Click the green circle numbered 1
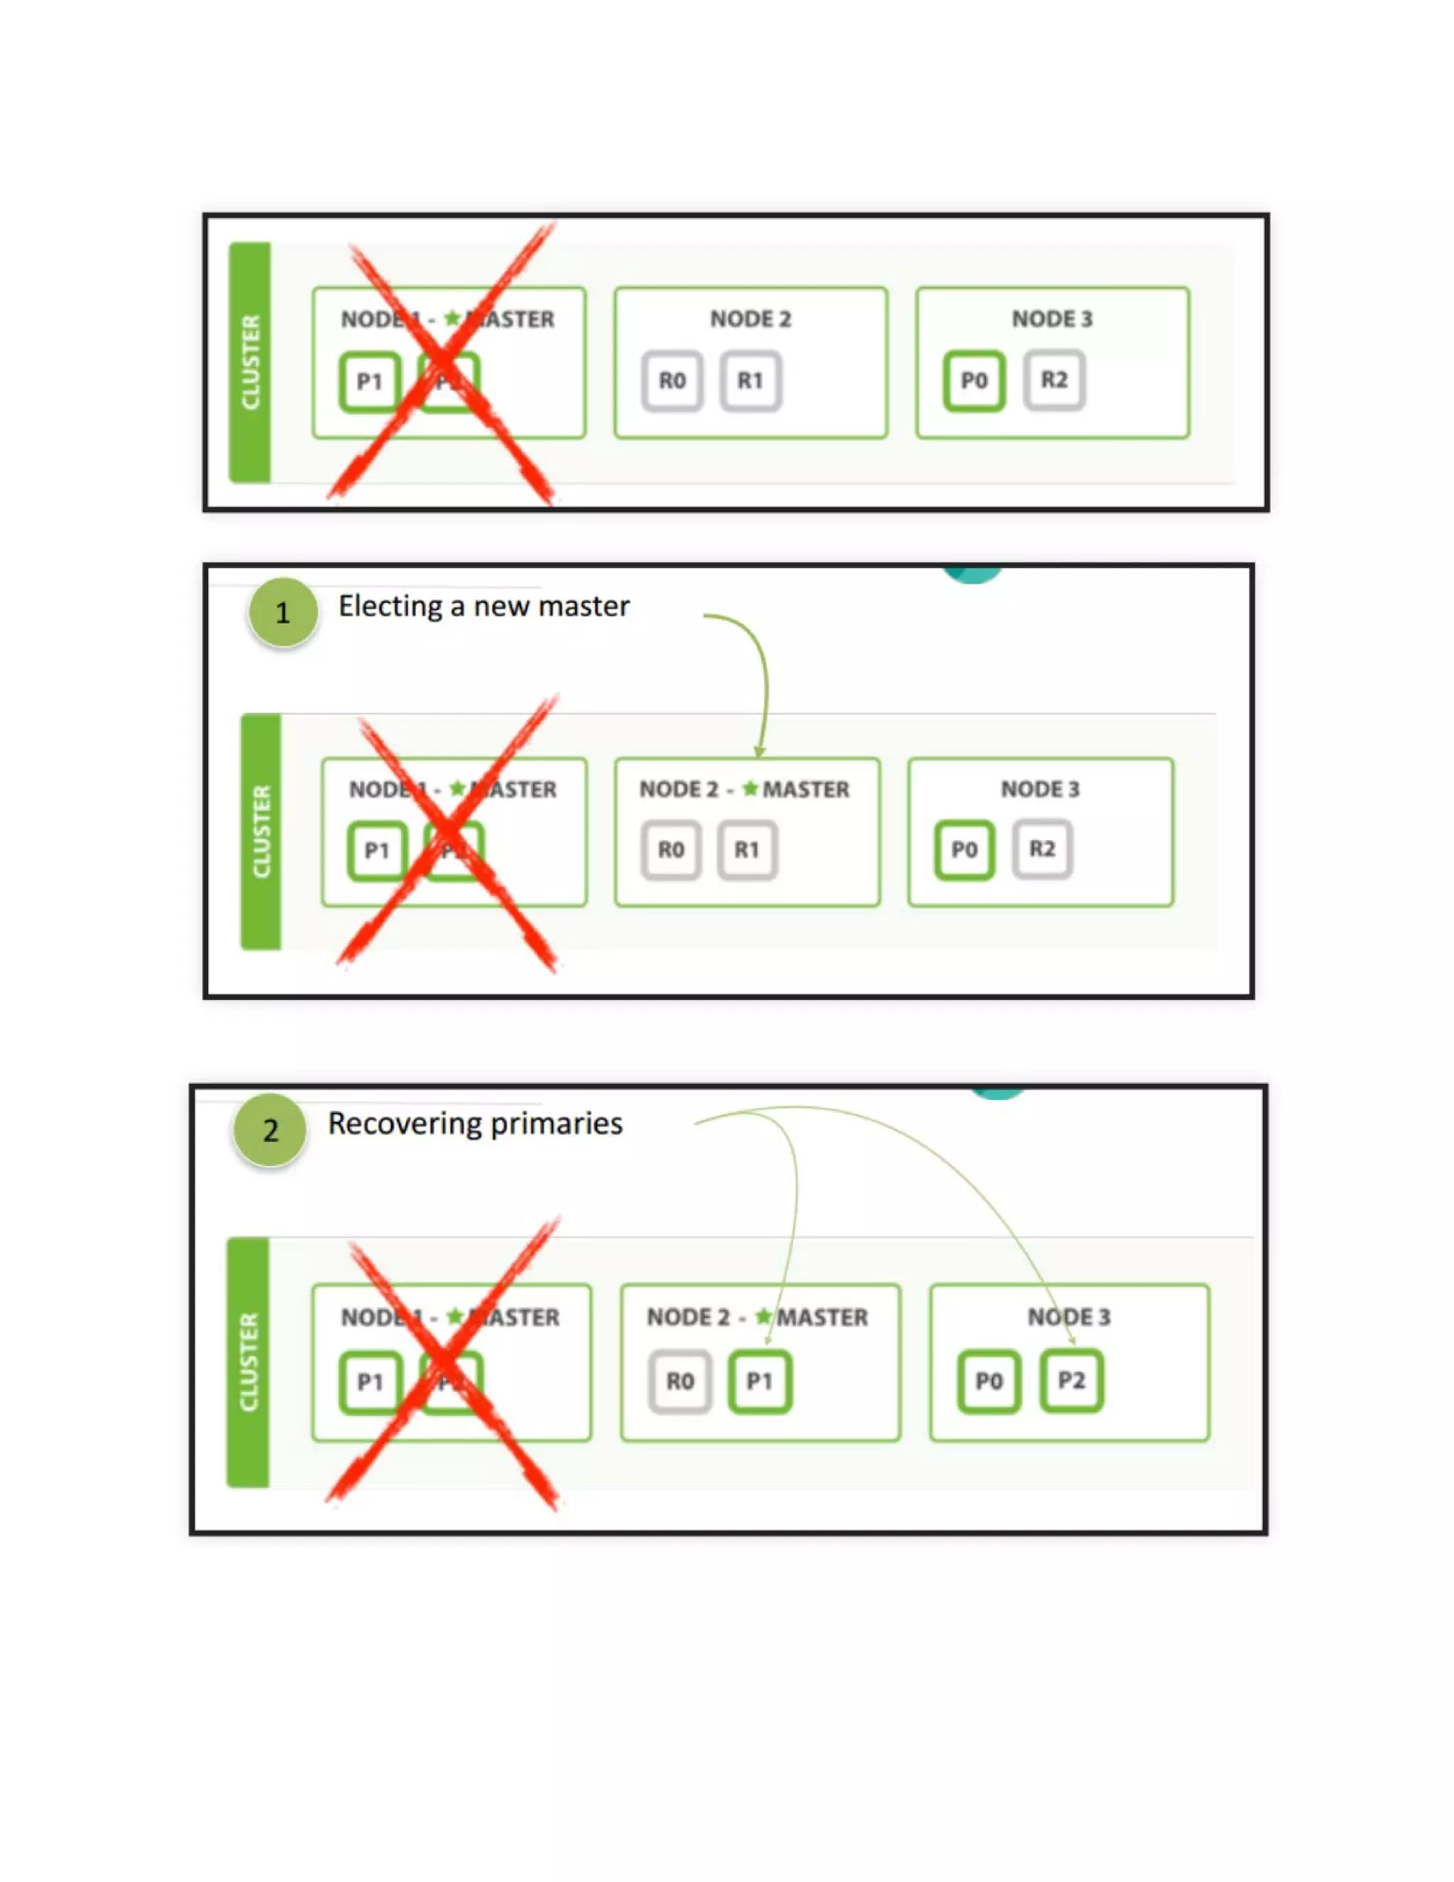point(283,613)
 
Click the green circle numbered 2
point(270,1130)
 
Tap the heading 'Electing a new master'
point(483,607)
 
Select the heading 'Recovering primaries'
point(475,1124)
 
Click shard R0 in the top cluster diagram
point(672,381)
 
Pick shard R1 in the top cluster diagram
point(750,381)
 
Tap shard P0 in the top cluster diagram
point(974,381)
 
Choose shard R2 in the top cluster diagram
point(1054,380)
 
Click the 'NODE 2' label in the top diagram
point(750,319)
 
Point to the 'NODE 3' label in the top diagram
point(1051,319)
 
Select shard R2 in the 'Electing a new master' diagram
point(1042,849)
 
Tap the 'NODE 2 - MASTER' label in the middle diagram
point(744,789)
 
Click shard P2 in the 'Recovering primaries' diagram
point(1071,1381)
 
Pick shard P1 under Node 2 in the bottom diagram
point(759,1382)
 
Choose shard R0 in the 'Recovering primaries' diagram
point(679,1382)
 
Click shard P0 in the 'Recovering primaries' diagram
point(989,1382)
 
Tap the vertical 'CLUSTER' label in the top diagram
point(250,362)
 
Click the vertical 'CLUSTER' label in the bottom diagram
point(248,1362)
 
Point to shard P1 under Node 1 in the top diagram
point(369,382)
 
